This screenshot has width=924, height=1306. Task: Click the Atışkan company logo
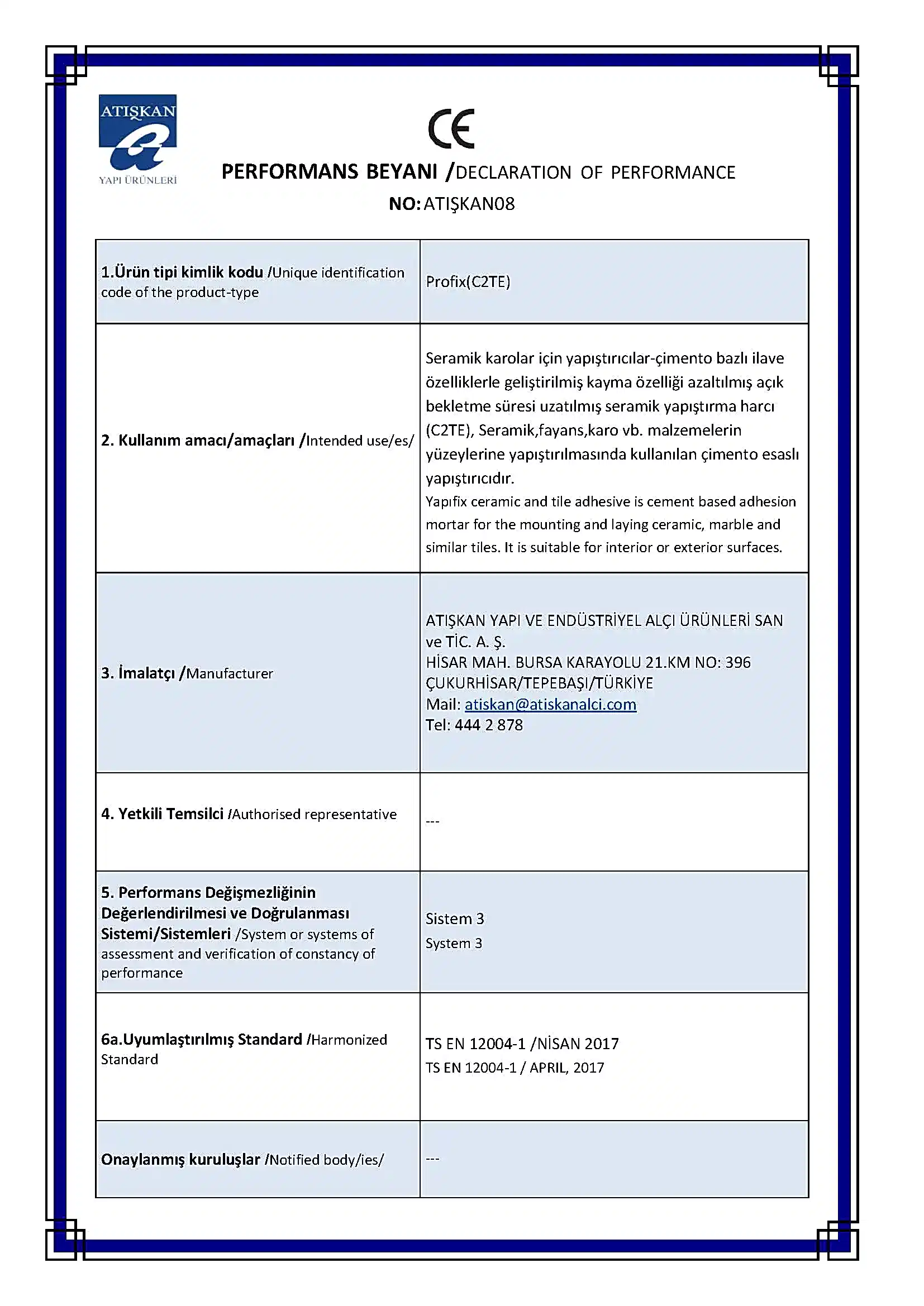137,139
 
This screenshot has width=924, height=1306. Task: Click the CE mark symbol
451,128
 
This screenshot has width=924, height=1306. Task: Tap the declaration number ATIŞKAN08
469,204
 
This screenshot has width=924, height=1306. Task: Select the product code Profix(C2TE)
468,281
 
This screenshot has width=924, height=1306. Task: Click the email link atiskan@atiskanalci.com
550,704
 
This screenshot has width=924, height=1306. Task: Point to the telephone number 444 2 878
488,725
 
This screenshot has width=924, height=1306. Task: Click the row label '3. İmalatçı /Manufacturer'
187,673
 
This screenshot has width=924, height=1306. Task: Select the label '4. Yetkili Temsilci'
162,814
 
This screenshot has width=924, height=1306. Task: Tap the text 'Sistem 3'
455,918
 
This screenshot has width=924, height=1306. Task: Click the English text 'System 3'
454,943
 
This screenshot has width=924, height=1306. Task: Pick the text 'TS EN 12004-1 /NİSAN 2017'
522,1044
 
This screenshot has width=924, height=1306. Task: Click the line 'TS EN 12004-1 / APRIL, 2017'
515,1068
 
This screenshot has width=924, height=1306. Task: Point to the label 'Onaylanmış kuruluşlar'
180,1159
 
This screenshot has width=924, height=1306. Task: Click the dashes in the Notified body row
432,1159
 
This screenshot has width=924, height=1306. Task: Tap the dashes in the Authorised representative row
432,821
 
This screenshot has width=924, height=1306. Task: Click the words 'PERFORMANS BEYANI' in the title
329,172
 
